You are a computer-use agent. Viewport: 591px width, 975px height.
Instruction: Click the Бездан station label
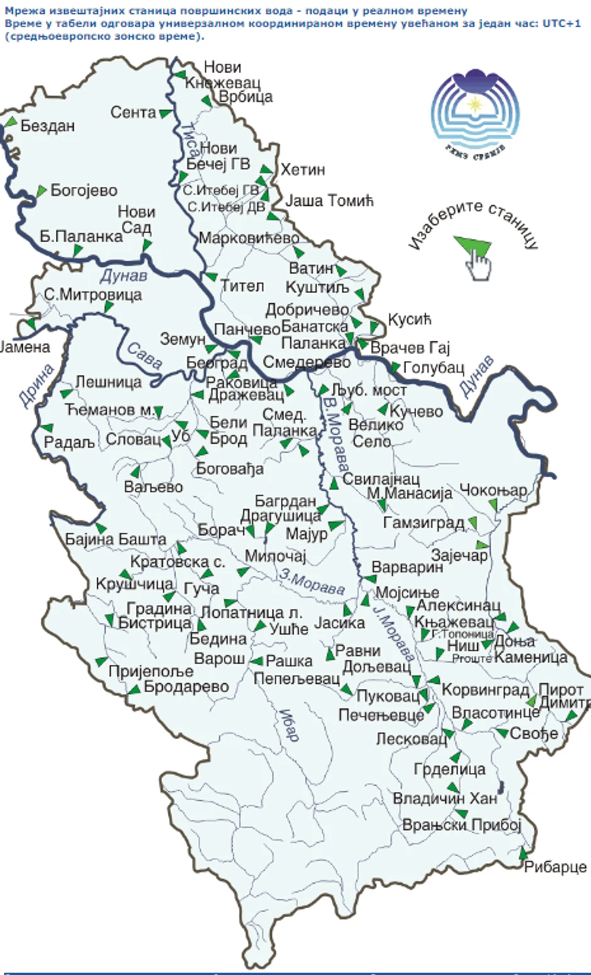point(48,126)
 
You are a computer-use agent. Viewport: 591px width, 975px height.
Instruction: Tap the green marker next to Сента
point(165,114)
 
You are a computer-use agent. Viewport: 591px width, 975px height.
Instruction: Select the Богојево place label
point(84,190)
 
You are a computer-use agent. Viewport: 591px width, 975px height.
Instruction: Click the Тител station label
point(242,286)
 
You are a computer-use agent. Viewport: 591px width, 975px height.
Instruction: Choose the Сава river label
point(145,355)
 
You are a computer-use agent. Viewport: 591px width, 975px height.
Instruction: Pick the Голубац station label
point(433,367)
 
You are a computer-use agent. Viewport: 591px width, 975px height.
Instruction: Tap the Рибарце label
point(556,867)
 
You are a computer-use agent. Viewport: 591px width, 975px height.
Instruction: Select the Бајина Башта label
point(116,539)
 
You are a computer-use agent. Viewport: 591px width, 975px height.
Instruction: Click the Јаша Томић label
point(329,201)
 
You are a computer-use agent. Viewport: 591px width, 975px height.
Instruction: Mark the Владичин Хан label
point(445,798)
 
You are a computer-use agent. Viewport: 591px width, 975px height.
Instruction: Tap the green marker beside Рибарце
point(522,853)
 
